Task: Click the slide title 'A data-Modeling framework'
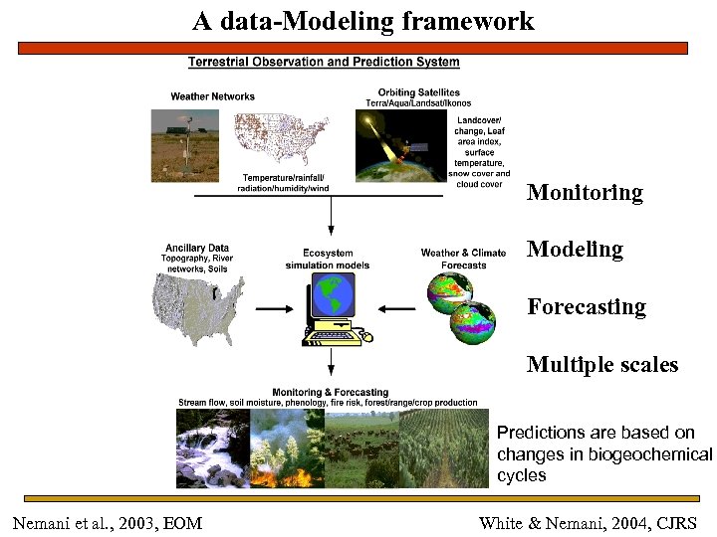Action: tap(363, 21)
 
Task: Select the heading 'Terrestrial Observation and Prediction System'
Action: tap(324, 62)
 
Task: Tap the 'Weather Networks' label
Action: tap(212, 96)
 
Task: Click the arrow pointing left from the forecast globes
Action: tap(397, 309)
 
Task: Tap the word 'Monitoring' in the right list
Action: tap(585, 193)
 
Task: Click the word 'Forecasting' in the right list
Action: tap(587, 307)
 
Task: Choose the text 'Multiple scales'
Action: tap(602, 365)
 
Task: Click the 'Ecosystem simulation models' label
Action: tap(328, 259)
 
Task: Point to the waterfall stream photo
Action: tap(212, 448)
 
